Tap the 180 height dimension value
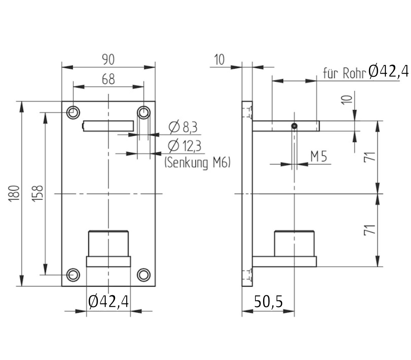(x=14, y=194)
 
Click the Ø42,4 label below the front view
(x=108, y=302)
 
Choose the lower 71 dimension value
(x=369, y=230)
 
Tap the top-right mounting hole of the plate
(x=144, y=112)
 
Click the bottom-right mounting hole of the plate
(x=144, y=275)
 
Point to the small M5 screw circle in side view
(x=294, y=126)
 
